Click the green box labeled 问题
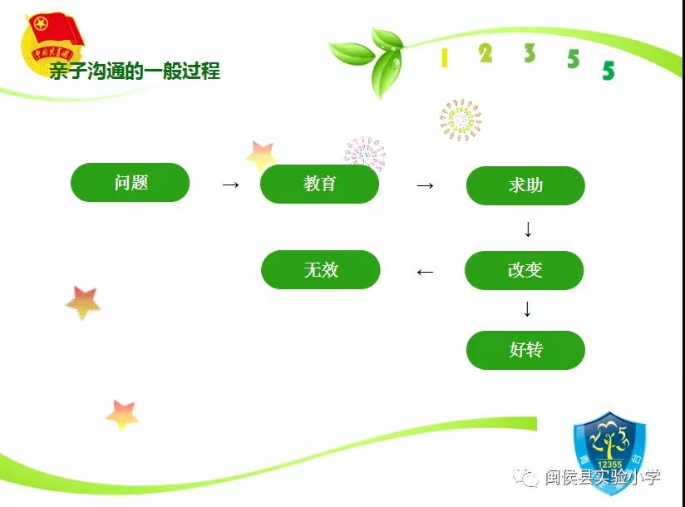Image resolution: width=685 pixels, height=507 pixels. (131, 183)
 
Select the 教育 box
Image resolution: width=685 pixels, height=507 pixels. (319, 184)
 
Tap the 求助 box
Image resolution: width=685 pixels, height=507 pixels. (525, 185)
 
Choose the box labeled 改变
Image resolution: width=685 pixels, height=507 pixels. (525, 270)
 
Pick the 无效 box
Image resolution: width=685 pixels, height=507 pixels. (321, 269)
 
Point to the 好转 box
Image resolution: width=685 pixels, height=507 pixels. (525, 350)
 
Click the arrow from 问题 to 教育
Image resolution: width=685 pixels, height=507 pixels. (230, 185)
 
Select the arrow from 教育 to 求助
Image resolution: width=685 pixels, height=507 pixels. (425, 185)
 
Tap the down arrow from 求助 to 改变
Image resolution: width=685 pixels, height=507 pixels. (528, 229)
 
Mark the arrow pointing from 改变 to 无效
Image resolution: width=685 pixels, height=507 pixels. (425, 272)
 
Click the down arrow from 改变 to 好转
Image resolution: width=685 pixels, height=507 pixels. (527, 309)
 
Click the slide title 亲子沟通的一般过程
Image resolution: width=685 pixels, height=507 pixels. (135, 71)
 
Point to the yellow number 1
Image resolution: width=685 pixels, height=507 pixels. (445, 57)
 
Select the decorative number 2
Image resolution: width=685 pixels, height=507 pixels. (485, 53)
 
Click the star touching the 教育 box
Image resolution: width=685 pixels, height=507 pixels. (261, 155)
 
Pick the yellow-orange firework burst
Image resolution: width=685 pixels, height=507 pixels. (461, 120)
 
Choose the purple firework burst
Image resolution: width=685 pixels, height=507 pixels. (365, 153)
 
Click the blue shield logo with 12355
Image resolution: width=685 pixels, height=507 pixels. (610, 453)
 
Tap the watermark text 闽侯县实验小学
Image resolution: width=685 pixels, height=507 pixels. (603, 477)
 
